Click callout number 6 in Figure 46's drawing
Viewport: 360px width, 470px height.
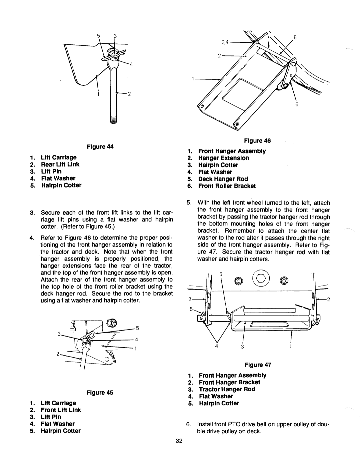click(296, 104)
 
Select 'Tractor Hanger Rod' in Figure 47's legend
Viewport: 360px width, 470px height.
click(227, 389)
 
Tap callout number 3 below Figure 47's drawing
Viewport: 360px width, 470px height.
click(244, 347)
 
